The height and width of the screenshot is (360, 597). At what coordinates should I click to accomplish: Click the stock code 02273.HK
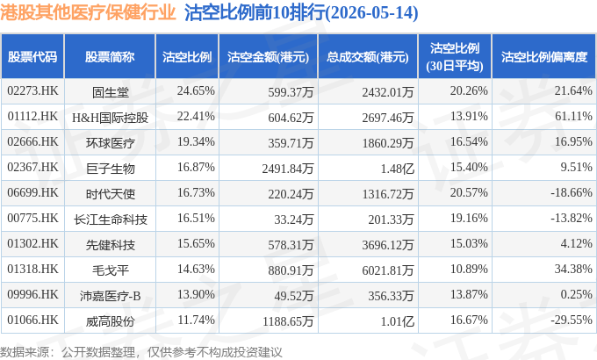32,90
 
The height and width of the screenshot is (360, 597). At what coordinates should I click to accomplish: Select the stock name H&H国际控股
110,118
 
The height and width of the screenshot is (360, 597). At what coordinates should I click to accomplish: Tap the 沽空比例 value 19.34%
196,141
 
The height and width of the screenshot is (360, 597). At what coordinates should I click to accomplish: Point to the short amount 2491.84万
287,169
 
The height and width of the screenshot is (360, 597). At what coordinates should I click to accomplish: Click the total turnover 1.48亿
397,169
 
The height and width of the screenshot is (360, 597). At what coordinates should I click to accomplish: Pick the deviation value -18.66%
572,192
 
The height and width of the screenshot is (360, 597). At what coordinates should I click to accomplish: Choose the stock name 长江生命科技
110,220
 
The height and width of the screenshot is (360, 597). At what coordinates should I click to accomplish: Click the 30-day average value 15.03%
469,243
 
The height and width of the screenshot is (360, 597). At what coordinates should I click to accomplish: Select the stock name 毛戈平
110,270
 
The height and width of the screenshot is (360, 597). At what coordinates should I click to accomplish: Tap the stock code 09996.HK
32,294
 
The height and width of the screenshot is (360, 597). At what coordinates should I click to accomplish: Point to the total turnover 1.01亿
397,321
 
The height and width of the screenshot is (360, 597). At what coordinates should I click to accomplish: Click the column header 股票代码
32,57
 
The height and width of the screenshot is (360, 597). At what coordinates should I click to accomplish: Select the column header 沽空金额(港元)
268,57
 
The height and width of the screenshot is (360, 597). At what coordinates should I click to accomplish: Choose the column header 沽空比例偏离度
544,57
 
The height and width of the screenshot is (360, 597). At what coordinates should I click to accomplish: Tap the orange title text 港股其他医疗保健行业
88,12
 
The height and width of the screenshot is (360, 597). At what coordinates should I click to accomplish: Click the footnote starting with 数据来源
140,351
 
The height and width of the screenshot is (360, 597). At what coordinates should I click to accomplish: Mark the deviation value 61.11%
573,116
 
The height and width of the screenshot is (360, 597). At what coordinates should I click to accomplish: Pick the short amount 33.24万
293,220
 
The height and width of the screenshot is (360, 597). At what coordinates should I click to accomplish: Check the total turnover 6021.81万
387,270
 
